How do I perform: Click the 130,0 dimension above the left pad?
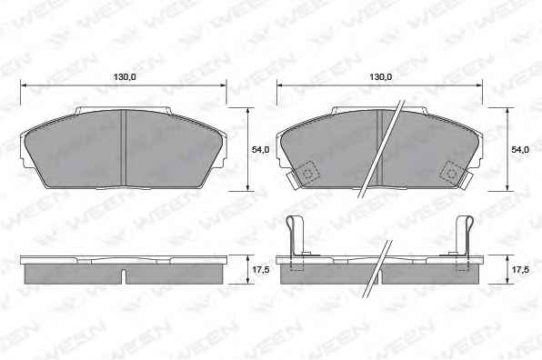[125, 77]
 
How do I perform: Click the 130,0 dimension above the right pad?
[380, 77]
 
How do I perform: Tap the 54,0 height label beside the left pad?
[260, 150]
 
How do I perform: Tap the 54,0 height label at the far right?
[520, 150]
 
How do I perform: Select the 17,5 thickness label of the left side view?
[260, 270]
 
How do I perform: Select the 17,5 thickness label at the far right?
[520, 270]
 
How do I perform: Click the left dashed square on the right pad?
[306, 172]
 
